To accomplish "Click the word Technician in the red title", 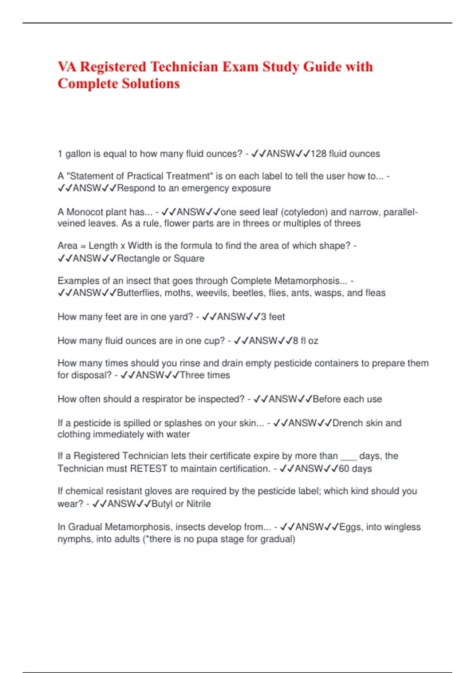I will [x=184, y=67].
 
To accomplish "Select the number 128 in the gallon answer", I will [x=318, y=154].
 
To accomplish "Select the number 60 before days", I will [x=344, y=469].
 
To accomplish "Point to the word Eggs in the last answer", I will [x=350, y=527].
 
